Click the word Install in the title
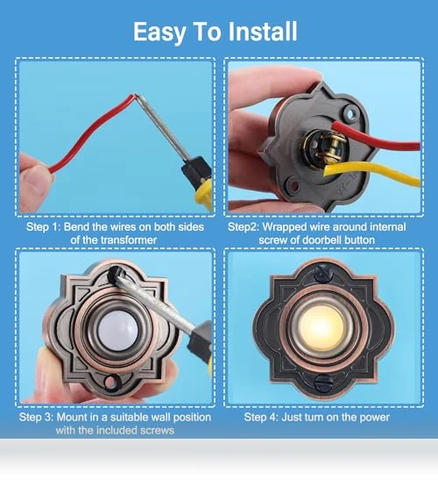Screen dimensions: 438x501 click(263, 32)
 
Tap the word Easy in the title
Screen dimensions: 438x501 click(159, 32)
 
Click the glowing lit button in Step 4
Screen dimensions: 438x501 click(322, 328)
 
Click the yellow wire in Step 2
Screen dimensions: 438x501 click(371, 174)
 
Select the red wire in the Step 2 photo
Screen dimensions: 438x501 click(376, 136)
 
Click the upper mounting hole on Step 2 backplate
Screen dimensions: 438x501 click(351, 113)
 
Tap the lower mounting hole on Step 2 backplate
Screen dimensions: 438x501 click(293, 185)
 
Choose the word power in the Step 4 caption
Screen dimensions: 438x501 click(375, 418)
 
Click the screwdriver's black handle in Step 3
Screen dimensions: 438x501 click(201, 342)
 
